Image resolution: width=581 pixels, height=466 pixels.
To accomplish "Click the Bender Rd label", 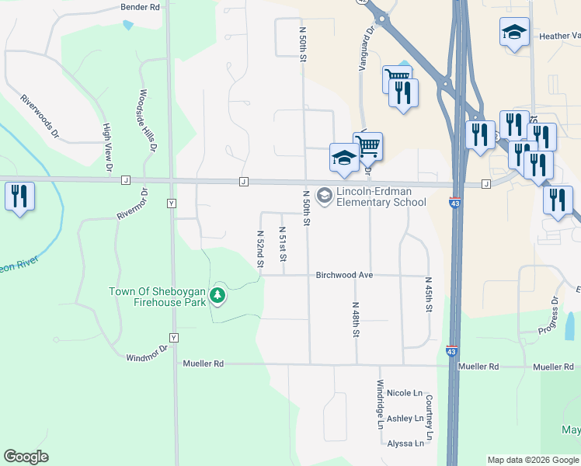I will (x=140, y=7).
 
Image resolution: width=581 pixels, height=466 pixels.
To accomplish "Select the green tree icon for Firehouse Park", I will (x=218, y=295).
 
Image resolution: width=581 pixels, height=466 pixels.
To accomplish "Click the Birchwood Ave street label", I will (x=345, y=275).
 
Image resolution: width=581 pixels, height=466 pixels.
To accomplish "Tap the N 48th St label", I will (x=355, y=320).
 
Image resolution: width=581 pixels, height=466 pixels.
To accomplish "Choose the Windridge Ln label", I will (x=380, y=405).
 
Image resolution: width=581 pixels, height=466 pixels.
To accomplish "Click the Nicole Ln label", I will (x=404, y=393).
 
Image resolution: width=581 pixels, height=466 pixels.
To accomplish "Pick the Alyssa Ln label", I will (x=405, y=443).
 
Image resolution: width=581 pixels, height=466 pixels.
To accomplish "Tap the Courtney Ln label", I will (x=428, y=416).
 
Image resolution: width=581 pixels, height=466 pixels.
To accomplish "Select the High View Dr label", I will (x=108, y=147).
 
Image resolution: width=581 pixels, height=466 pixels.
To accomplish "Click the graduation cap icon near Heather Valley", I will (x=513, y=33).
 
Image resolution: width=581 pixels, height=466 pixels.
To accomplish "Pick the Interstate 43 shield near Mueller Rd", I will (x=452, y=352).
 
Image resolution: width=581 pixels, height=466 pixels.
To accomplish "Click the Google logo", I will (x=26, y=457).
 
